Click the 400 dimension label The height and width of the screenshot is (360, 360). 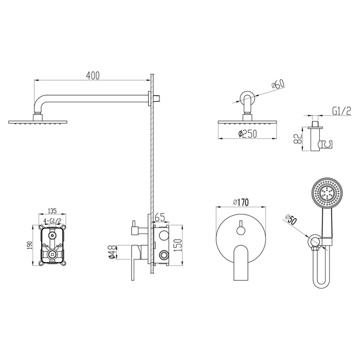coord(93,76)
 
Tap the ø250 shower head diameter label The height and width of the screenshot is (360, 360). coord(247,134)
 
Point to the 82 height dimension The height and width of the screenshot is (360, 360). coord(298,138)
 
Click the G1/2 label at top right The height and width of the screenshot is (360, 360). coord(341,112)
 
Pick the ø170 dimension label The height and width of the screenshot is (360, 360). coord(241,202)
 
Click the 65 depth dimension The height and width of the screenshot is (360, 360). coord(160,218)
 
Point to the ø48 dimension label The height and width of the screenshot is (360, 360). coord(112,253)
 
